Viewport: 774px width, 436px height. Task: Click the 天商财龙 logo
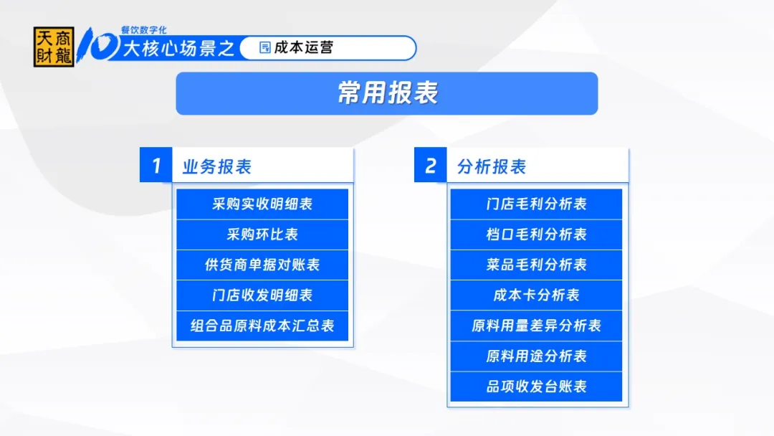54,47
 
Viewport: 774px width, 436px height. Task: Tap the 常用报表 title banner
386,93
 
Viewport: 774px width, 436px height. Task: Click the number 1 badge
156,165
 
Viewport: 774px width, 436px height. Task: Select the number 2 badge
431,165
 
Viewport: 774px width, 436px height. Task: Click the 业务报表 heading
217,166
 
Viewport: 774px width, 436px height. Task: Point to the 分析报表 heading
492,166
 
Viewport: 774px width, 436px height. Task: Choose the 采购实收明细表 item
262,204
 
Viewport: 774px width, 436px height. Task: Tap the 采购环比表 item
262,234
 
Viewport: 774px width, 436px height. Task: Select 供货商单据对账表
262,265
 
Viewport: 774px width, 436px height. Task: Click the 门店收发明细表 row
262,295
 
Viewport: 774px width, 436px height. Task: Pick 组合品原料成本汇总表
262,326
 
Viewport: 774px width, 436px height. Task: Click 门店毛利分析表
536,204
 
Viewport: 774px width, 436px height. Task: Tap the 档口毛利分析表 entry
536,234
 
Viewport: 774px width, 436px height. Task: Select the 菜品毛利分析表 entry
536,265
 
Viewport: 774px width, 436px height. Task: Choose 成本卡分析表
536,295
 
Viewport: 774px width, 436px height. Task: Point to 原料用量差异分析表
536,326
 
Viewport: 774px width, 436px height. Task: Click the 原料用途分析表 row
536,356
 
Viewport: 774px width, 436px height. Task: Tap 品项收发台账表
536,387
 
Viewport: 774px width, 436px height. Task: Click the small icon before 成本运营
265,47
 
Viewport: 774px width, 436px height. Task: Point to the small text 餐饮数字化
143,30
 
